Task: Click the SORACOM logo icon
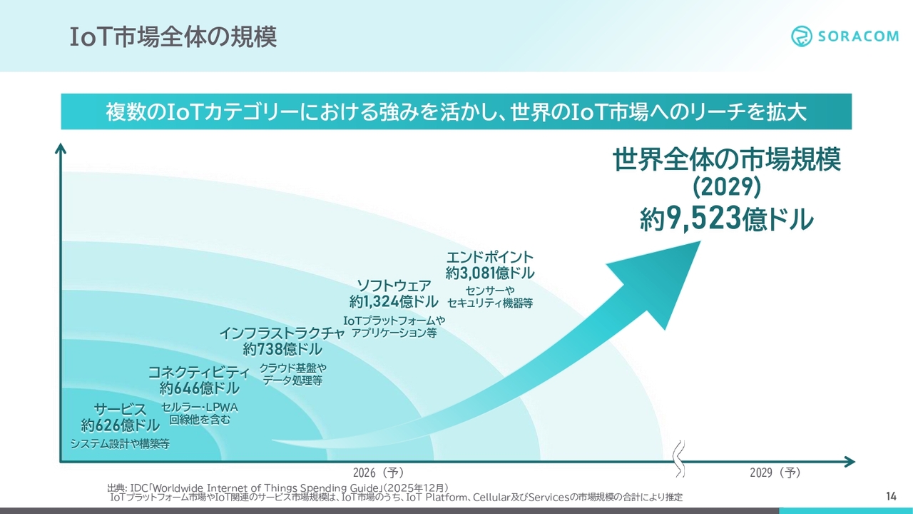tap(802, 36)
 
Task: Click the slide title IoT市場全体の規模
tap(173, 37)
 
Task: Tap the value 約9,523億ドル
tap(726, 218)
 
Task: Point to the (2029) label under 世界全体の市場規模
tap(727, 187)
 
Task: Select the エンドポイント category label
tap(489, 257)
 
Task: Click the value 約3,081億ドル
tap(489, 273)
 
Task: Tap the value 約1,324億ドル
tap(394, 301)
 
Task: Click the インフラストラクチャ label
tap(282, 333)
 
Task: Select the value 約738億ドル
tap(282, 349)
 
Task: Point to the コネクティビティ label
tap(199, 372)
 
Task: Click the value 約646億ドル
tap(199, 388)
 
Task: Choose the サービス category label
tap(120, 409)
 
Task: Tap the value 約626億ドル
tap(120, 425)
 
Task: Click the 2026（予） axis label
tap(378, 473)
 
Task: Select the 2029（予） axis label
tap(775, 473)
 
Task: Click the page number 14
tap(891, 496)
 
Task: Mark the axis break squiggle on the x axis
tap(680, 458)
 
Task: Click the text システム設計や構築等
tap(120, 443)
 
